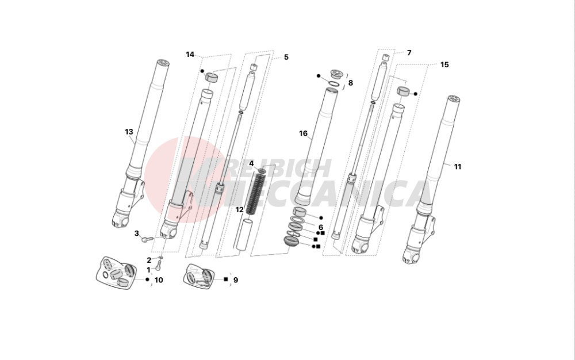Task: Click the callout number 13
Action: (129, 132)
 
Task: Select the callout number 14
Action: (190, 54)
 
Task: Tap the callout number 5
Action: (286, 57)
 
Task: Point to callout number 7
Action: (409, 53)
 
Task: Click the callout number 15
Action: (444, 64)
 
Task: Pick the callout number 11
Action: (457, 167)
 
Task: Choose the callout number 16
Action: (303, 133)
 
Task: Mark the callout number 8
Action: (351, 83)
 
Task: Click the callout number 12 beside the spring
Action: (239, 210)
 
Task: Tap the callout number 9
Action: (235, 280)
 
